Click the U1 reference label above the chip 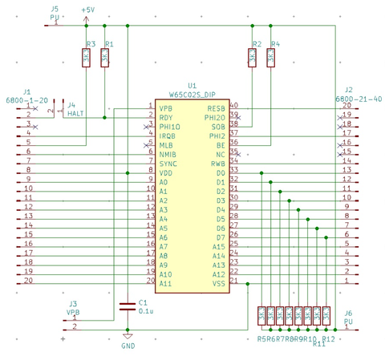click(191, 85)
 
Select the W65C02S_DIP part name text click(192, 95)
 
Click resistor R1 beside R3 click(105, 58)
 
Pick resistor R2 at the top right click(252, 58)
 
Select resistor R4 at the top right click(271, 58)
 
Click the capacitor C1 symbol click(127, 305)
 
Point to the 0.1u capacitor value click(146, 310)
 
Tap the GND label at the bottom click(128, 346)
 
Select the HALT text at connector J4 click(76, 114)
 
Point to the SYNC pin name click(167, 164)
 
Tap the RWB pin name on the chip click(218, 164)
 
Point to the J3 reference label click(73, 303)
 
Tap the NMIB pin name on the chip click(167, 154)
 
